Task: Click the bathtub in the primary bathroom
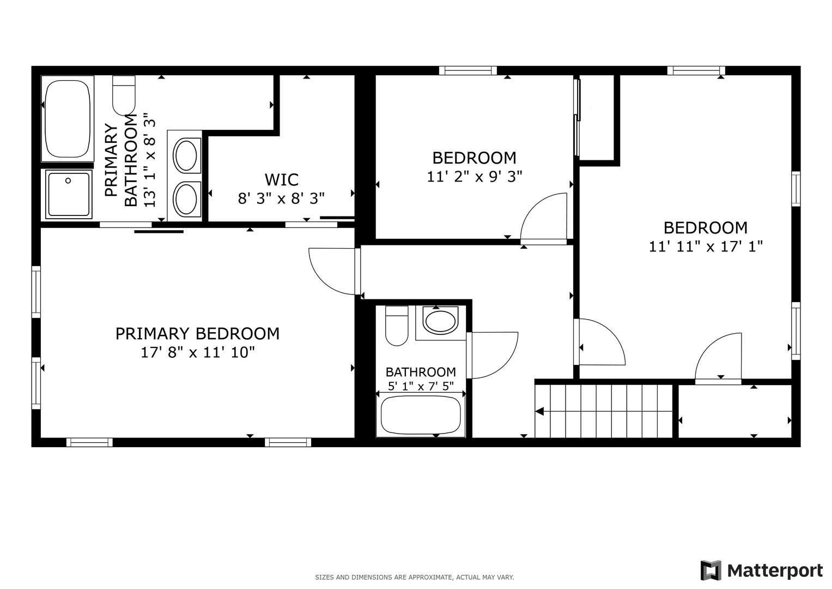(68, 119)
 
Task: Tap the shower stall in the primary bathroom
(69, 194)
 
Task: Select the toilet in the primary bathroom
(124, 95)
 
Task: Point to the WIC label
(281, 179)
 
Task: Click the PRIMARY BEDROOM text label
(197, 333)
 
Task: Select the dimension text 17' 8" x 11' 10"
(197, 352)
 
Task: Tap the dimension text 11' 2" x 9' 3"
(474, 177)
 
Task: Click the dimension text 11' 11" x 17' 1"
(705, 247)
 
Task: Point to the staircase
(604, 411)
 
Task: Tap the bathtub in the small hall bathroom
(421, 414)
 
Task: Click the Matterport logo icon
(710, 570)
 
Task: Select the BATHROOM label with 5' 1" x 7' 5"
(421, 372)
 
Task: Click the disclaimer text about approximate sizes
(414, 577)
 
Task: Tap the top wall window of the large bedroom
(696, 70)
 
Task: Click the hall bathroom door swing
(493, 354)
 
